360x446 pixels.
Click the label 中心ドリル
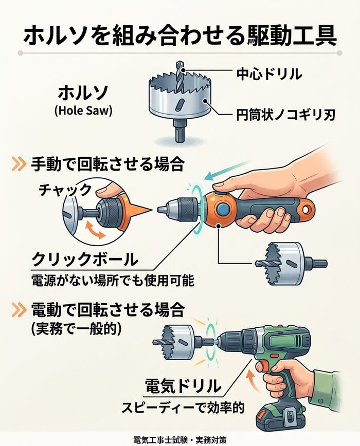click(268, 73)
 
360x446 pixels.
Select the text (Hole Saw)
click(83, 110)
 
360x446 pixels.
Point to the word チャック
click(65, 190)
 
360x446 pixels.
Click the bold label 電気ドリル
click(183, 386)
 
